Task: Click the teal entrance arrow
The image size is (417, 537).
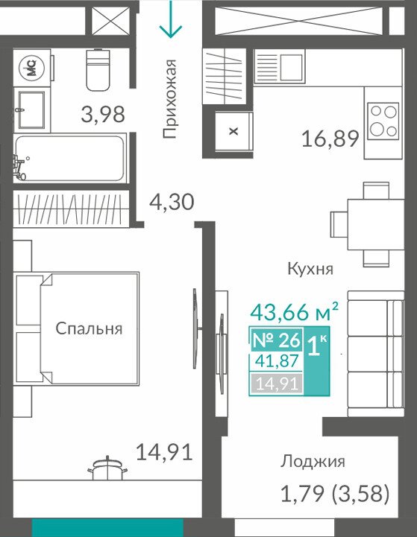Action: coord(170,19)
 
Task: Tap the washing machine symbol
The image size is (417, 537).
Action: coord(31,67)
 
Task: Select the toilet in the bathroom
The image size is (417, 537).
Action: coord(98,70)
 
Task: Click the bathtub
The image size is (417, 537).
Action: coord(69,158)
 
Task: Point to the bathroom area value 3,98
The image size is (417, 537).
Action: coord(103,115)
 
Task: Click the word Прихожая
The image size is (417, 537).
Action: coord(170,98)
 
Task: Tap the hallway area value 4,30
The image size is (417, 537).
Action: coord(172,201)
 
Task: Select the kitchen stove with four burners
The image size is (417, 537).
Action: coord(383,121)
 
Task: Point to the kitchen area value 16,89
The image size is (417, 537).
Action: coord(330,139)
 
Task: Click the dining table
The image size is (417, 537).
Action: coord(375,224)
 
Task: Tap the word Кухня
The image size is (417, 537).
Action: coord(310,269)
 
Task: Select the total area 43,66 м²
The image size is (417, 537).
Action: coord(294,311)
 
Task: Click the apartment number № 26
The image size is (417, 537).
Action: coord(276,340)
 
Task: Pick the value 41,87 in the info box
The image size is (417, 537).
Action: coord(277,361)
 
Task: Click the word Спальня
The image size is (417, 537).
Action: coord(89,328)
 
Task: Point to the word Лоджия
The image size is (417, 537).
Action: coord(313,462)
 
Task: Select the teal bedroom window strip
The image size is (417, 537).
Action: coord(107,527)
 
